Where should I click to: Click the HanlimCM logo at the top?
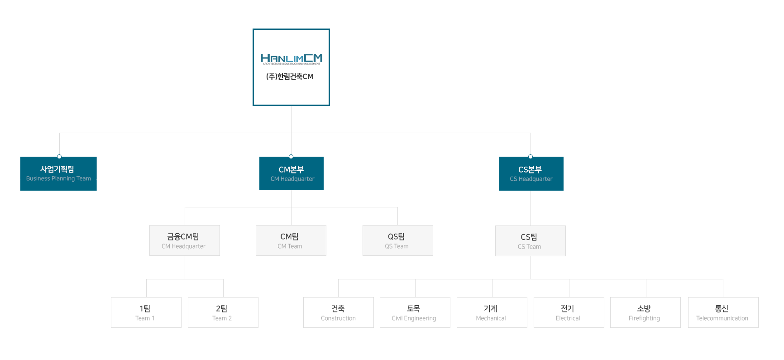tap(291, 59)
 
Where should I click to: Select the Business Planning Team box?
tap(58, 173)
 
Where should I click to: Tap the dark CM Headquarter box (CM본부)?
tap(292, 173)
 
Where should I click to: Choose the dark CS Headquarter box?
tap(531, 173)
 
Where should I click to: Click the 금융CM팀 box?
tap(185, 240)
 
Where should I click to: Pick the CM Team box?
tap(291, 240)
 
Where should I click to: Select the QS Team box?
tap(398, 240)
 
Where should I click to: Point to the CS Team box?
tap(531, 241)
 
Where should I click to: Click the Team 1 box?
tap(146, 312)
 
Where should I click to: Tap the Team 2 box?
tap(223, 312)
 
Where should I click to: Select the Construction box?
tap(339, 312)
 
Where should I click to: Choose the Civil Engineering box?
tap(415, 312)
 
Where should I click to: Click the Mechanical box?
tap(492, 312)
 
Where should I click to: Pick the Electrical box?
tap(569, 312)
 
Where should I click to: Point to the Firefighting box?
tap(645, 312)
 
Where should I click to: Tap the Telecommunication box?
tap(723, 312)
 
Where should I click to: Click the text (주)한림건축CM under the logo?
tap(290, 77)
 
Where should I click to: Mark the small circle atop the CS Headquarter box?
tap(531, 157)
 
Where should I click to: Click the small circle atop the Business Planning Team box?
tap(59, 157)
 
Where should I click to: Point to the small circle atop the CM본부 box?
tap(291, 157)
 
